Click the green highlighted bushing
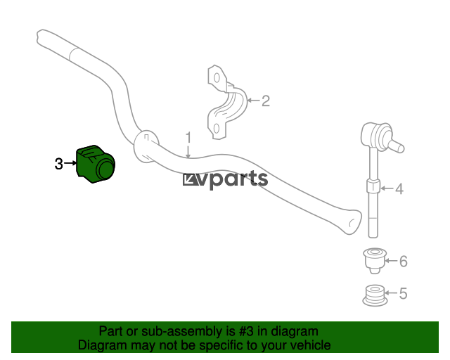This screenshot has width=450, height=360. click(x=96, y=165)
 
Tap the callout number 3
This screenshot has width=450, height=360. click(x=58, y=164)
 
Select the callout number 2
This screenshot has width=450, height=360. click(x=266, y=101)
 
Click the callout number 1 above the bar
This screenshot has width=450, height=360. click(x=188, y=138)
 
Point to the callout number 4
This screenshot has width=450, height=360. click(x=399, y=189)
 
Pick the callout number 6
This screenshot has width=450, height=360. click(x=403, y=262)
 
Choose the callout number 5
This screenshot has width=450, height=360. click(x=403, y=293)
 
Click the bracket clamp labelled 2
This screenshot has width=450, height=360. click(x=226, y=103)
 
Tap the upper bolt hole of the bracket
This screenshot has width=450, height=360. click(x=217, y=78)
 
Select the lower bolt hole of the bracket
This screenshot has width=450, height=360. click(x=217, y=129)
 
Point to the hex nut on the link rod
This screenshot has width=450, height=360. click(x=373, y=186)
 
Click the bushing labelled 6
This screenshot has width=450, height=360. click(x=374, y=261)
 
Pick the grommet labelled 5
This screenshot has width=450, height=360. click(x=374, y=295)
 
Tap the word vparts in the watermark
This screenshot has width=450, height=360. click(x=235, y=179)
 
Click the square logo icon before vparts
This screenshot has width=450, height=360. click(x=191, y=180)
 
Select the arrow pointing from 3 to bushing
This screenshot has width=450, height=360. click(x=70, y=163)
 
